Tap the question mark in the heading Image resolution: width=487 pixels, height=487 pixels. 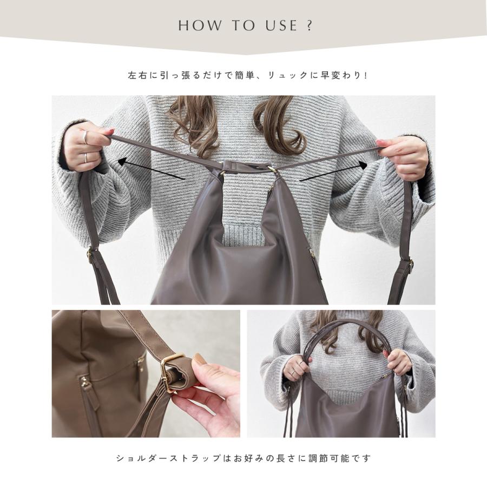309,25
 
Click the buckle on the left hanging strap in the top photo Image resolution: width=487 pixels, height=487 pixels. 92,254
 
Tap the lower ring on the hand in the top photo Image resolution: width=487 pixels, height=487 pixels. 85,157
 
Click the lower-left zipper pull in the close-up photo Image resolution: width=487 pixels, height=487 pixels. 84,384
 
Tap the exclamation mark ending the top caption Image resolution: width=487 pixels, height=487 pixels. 366,75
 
